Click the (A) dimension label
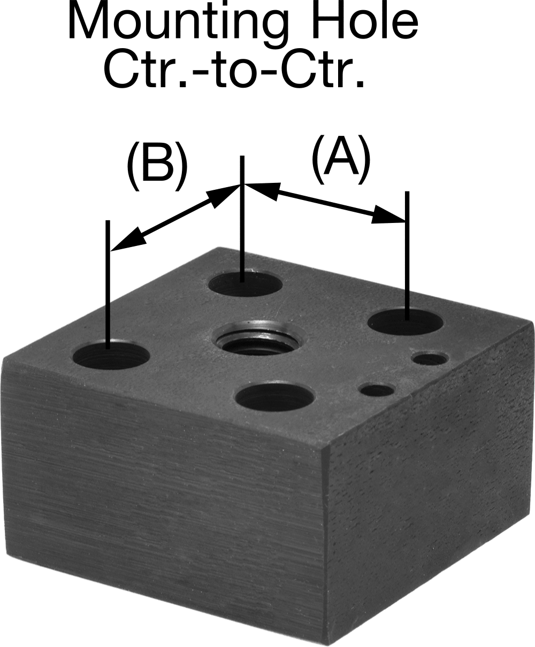(341, 160)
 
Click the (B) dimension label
(157, 166)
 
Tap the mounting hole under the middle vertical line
(245, 283)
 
